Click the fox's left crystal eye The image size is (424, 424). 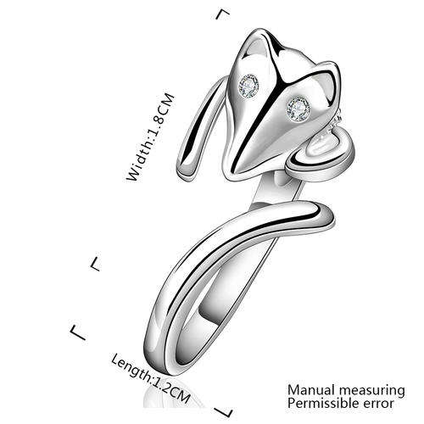pyautogui.click(x=248, y=85)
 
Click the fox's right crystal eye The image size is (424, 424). pyautogui.click(x=298, y=108)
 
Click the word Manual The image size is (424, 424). pyautogui.click(x=311, y=390)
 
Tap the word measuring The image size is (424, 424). pyautogui.click(x=372, y=391)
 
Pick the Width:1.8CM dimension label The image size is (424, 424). pyautogui.click(x=151, y=137)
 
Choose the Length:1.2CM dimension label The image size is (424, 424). pyautogui.click(x=150, y=378)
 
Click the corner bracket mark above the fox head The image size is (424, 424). pyautogui.click(x=223, y=14)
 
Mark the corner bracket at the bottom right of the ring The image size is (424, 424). pyautogui.click(x=223, y=412)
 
